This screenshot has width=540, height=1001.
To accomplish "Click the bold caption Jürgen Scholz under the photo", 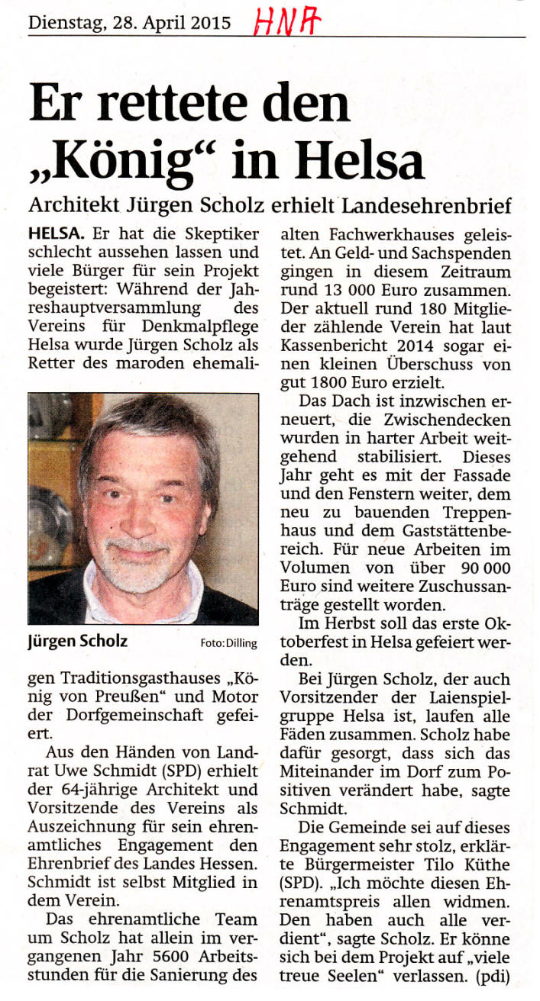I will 78,642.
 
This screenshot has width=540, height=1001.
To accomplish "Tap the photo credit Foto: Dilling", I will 228,643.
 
